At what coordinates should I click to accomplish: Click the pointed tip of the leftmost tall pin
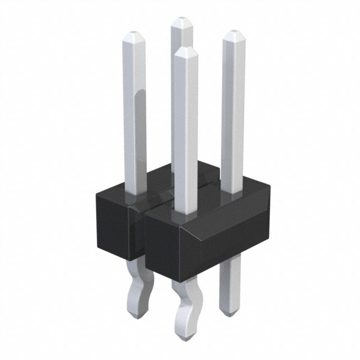point(133,32)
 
